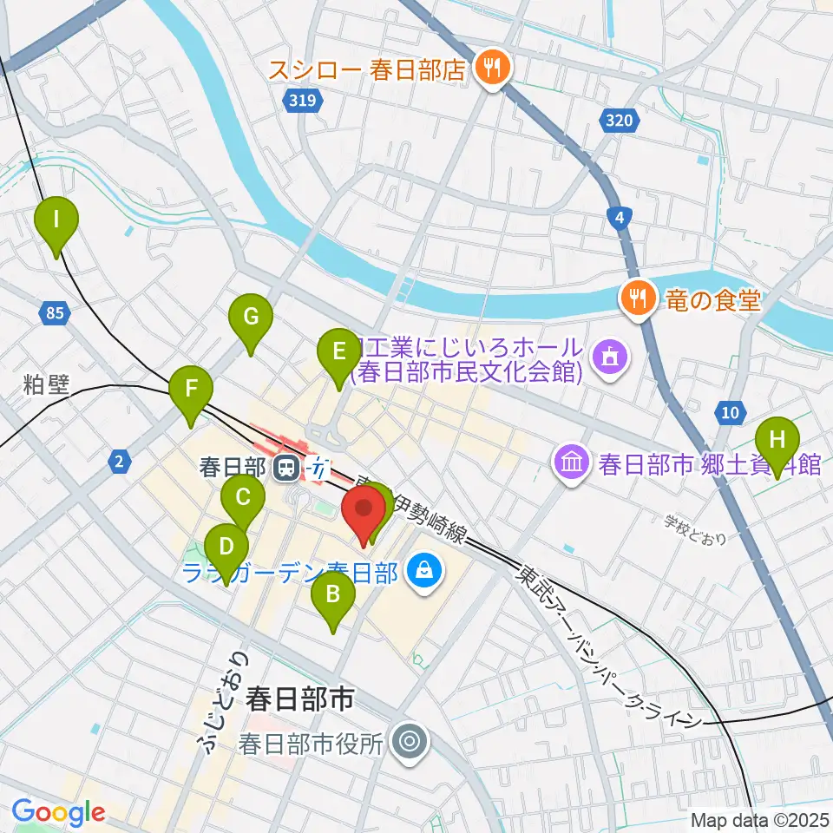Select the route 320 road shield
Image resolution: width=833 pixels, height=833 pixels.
coord(620,121)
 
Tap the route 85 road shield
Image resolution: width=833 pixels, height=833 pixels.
coord(55,313)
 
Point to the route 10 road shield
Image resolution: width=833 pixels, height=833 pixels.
coord(731,411)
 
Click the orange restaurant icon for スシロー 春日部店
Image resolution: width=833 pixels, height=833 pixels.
coord(492,69)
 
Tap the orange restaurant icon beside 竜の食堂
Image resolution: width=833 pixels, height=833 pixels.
coord(638,299)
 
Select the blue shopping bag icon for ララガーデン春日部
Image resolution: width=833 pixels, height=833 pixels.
coord(425,571)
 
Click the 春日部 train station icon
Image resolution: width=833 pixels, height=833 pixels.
coord(285,469)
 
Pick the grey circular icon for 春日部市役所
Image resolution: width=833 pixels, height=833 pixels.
coord(408,743)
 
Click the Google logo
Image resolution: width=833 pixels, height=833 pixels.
coord(59,811)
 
